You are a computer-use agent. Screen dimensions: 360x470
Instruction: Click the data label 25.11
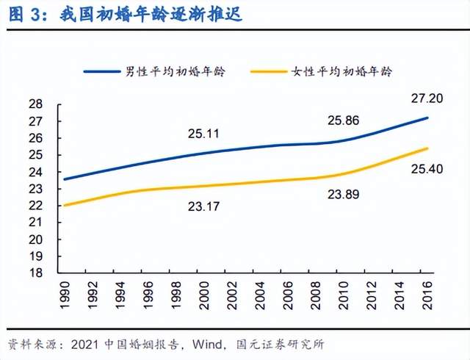[203, 134]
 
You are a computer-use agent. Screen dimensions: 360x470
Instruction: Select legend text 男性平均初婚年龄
[175, 71]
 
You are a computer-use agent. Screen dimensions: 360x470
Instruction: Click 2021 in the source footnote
[82, 344]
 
